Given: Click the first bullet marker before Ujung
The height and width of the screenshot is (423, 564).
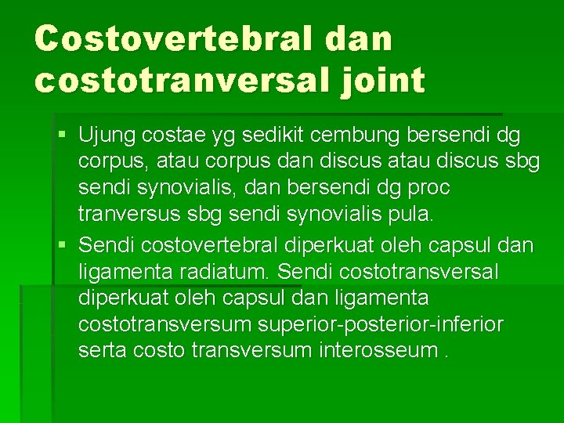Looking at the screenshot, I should (x=62, y=136).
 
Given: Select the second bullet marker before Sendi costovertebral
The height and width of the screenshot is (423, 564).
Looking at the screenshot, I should (x=62, y=245).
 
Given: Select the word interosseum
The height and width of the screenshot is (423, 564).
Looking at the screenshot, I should (x=377, y=350).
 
